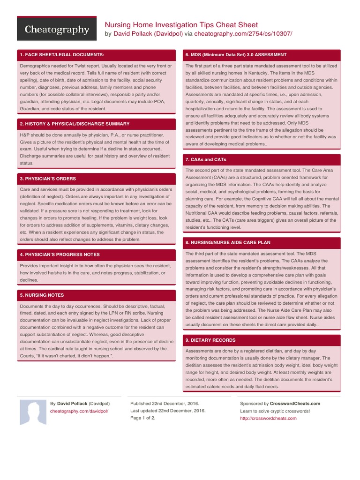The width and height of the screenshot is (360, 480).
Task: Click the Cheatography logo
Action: coord(57,30)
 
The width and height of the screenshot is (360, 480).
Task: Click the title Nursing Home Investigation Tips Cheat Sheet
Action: coord(181,24)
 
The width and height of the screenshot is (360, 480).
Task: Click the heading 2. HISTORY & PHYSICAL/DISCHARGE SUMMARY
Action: coord(75,124)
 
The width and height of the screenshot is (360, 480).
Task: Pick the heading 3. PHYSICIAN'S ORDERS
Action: coord(48,179)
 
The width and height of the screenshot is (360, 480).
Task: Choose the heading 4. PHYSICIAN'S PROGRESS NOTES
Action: coord(59,255)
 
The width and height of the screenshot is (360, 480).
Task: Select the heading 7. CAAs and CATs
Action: coord(206,159)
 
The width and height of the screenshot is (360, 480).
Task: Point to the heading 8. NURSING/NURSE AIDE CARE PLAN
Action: coord(228,242)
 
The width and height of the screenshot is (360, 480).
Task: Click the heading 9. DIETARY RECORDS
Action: coord(210,340)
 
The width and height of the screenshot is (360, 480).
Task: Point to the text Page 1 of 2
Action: coord(142,418)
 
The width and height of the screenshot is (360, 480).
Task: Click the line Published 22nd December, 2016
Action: coord(165,403)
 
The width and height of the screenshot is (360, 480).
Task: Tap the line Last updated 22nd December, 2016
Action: coord(168,411)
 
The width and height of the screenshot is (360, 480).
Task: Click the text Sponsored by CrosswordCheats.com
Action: coord(280,403)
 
